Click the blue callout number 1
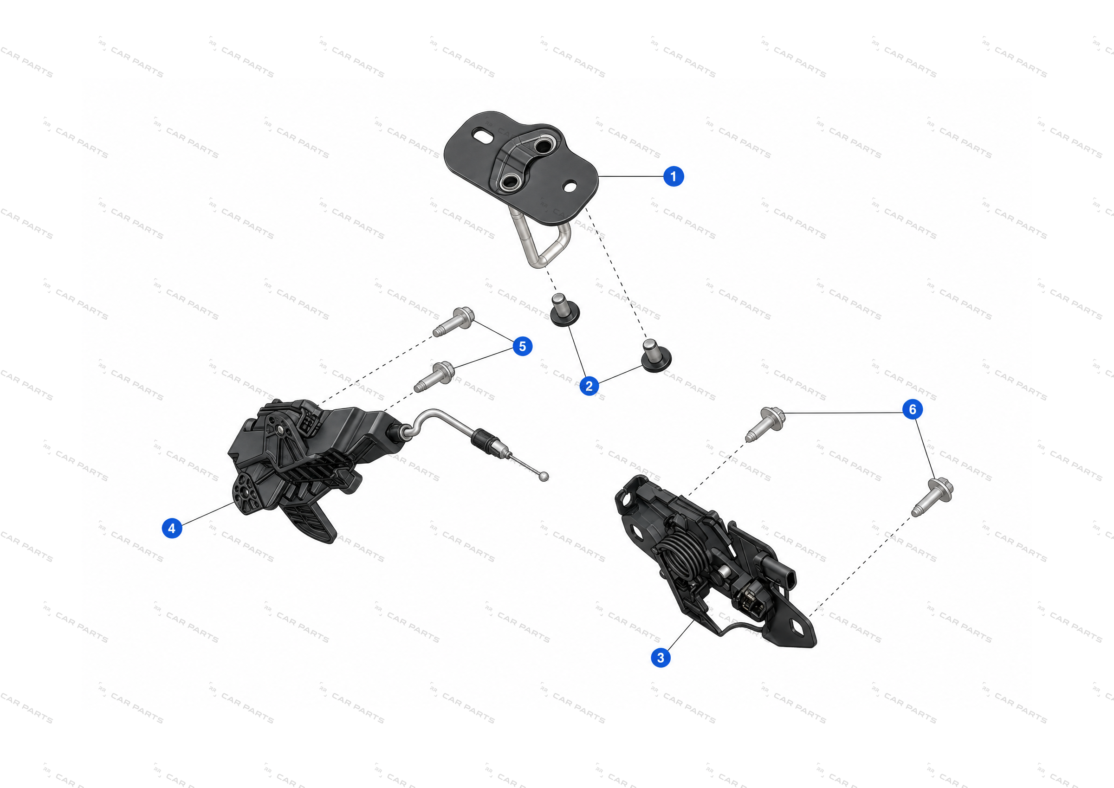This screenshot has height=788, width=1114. coord(674,176)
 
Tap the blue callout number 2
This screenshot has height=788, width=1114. coord(589,386)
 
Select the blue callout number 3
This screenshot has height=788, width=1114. coord(661,658)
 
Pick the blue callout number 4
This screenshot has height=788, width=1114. coord(172,528)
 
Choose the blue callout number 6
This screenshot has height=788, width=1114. coord(912,409)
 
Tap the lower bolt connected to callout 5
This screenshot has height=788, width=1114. coord(435,376)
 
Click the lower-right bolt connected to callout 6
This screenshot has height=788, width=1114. coord(932,497)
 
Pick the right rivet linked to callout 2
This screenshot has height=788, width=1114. coord(656,355)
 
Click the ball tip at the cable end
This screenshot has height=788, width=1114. coord(545,477)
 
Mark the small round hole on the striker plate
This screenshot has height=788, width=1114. coord(570,186)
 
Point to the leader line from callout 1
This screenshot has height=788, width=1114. coord(631,176)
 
